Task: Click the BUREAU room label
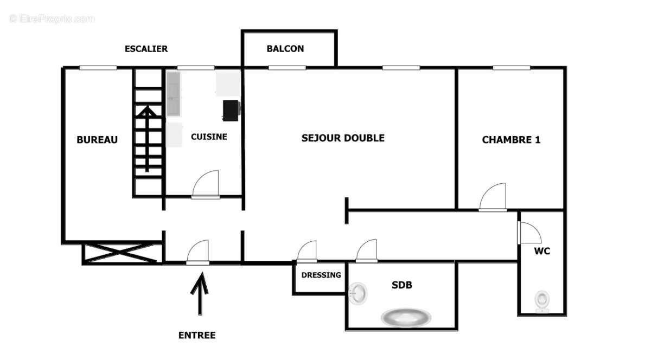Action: point(97,140)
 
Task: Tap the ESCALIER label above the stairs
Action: point(146,49)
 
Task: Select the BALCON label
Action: point(285,49)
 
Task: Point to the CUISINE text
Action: point(209,137)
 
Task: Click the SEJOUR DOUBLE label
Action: point(343,138)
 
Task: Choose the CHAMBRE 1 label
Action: point(511,140)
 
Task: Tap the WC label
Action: point(541,252)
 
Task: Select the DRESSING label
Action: point(321,275)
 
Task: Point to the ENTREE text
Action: point(197,336)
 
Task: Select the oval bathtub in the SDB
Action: point(405,317)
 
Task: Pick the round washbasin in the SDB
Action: point(358,293)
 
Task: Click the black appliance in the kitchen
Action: point(232,110)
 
